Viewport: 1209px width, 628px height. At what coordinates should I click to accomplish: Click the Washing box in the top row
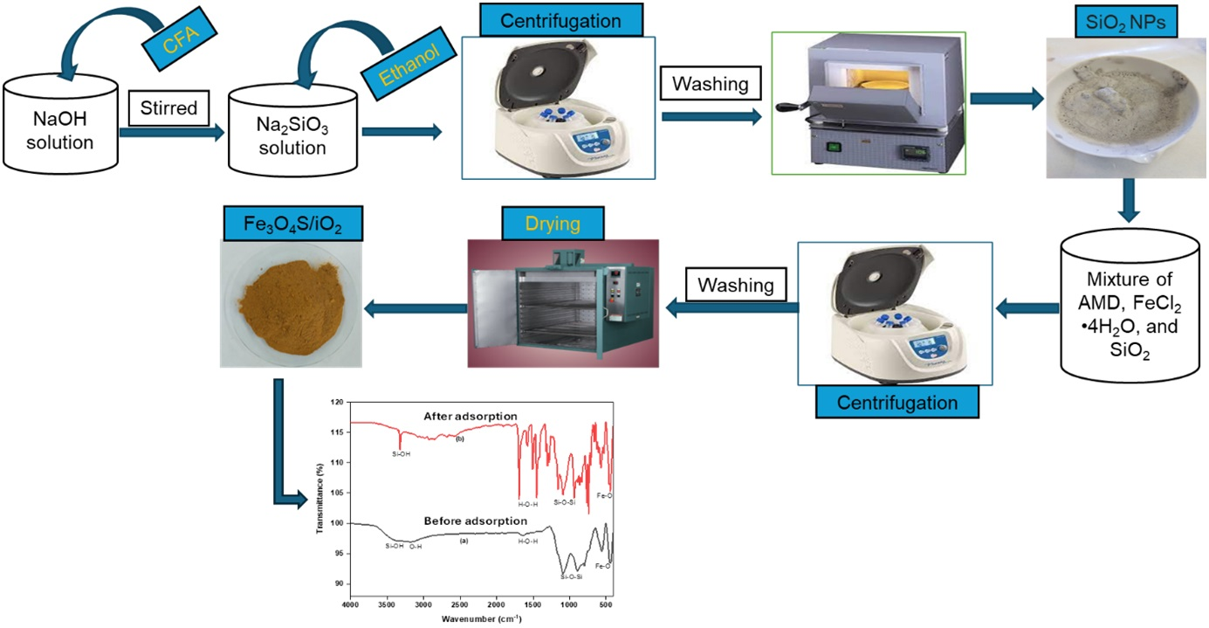(710, 85)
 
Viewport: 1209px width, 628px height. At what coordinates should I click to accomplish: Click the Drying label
(553, 224)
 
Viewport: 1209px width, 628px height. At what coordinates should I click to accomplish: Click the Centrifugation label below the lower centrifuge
(896, 403)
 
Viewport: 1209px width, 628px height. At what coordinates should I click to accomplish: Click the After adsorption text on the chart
(471, 415)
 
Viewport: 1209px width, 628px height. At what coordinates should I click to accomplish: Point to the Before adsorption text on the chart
(467, 521)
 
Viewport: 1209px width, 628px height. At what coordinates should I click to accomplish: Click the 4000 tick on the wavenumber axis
(350, 604)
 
